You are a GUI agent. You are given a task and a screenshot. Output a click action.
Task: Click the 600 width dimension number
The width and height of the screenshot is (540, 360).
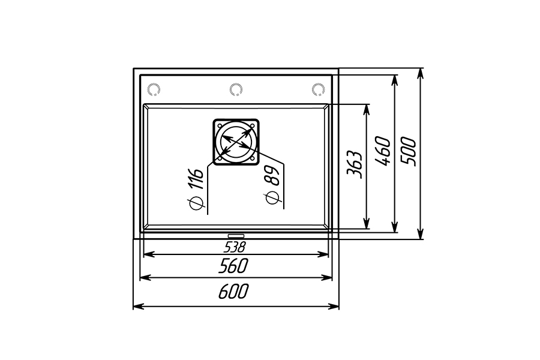233,292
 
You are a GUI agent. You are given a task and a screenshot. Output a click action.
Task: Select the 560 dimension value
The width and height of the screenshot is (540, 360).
233,266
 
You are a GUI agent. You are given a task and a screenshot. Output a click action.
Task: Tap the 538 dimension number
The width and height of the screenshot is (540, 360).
235,247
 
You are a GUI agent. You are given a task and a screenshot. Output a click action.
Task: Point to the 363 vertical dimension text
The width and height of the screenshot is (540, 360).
355,164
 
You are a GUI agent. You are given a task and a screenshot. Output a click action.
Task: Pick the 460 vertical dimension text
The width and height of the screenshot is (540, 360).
383,151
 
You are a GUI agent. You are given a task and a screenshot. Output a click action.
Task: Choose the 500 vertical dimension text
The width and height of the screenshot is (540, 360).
409,151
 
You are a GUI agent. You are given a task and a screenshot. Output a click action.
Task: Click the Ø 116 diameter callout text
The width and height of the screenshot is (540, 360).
196,188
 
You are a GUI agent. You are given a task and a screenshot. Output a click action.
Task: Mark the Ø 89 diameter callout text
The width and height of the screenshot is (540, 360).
272,185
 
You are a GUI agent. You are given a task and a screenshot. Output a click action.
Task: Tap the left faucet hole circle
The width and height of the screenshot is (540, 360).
154,89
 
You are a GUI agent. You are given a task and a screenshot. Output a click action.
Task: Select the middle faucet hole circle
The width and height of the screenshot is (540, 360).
236,89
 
